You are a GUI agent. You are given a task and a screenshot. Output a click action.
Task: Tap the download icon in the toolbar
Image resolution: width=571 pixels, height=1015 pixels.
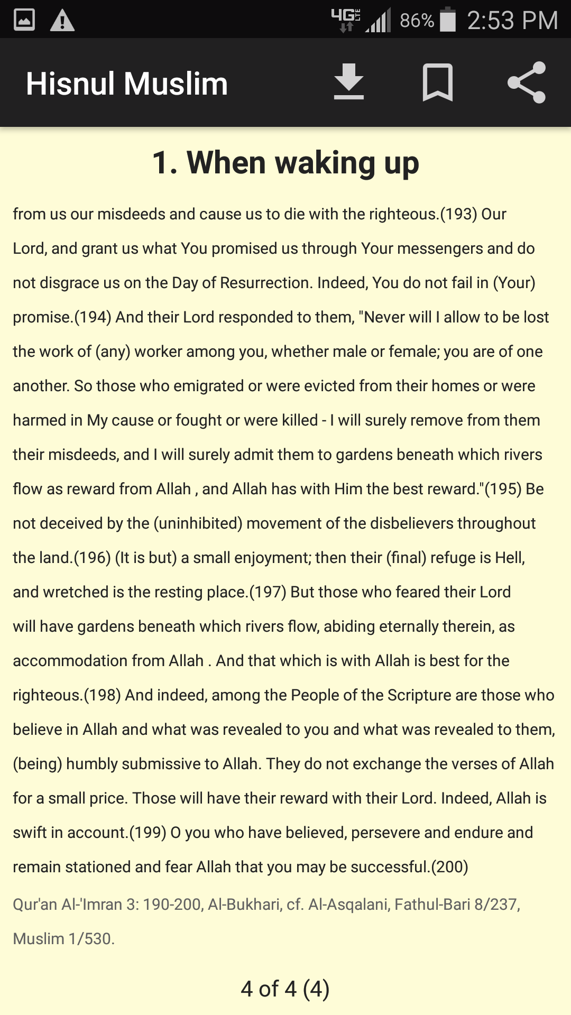tap(349, 82)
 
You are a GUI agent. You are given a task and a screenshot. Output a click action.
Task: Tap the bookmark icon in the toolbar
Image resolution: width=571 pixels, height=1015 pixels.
tap(438, 82)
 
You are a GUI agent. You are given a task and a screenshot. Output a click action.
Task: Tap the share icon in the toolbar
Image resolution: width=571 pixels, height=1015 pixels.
tap(527, 82)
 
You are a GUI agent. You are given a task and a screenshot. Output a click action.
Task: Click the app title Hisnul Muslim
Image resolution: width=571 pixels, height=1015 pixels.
tap(127, 84)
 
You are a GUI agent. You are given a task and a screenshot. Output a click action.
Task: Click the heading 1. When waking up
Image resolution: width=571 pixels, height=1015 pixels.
tap(285, 162)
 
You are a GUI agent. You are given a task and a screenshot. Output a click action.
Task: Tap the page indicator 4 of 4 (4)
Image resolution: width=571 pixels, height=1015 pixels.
tap(285, 989)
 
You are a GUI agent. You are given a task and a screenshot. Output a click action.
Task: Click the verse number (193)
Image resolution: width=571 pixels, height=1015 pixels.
tap(458, 214)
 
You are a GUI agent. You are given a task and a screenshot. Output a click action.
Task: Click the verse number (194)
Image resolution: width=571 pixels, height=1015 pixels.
tap(93, 317)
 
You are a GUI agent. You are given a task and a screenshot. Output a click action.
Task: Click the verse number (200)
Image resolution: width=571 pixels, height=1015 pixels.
tap(450, 867)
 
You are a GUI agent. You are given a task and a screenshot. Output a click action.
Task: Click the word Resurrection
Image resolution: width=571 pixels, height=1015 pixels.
tap(265, 283)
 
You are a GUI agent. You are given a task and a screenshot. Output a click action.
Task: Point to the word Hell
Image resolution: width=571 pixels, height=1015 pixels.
tap(509, 558)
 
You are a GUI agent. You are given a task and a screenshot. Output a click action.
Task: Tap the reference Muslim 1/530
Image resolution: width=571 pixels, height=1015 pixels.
tap(64, 939)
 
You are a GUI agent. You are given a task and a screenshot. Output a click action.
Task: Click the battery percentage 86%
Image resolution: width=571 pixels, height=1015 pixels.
tap(417, 21)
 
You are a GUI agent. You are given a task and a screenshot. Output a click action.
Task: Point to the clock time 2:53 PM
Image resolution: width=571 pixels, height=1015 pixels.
tap(512, 21)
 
